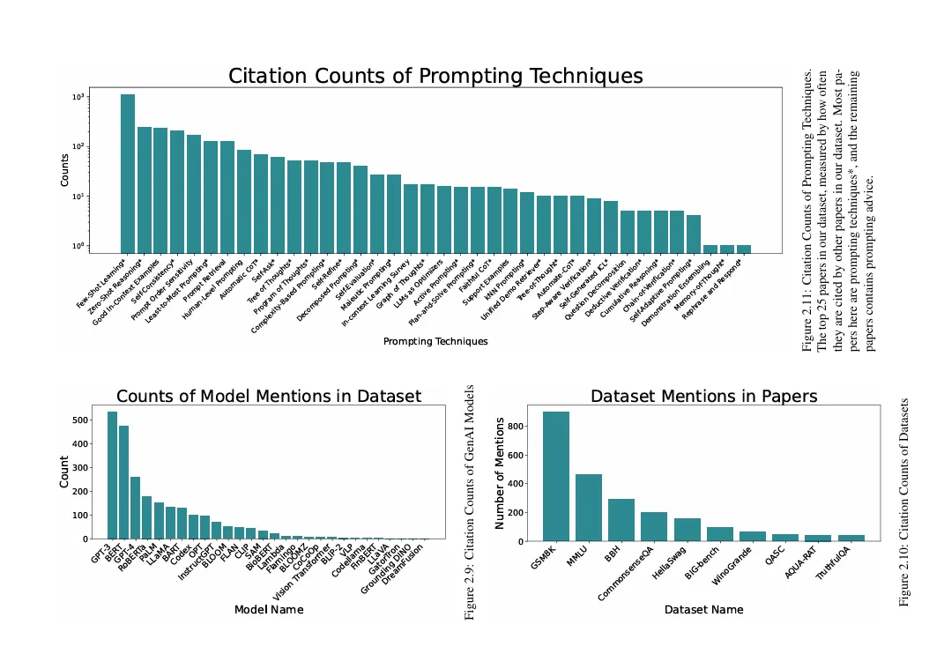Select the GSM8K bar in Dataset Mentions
555,476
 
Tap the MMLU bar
589,508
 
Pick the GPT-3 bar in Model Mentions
112,475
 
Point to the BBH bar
621,520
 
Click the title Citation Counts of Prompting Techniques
435,76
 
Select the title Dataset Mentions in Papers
703,397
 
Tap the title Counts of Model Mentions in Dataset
269,397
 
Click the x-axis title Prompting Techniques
435,341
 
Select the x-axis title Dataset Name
703,609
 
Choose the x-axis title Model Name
269,609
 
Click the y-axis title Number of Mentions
500,473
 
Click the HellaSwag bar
687,530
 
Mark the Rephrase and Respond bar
744,249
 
